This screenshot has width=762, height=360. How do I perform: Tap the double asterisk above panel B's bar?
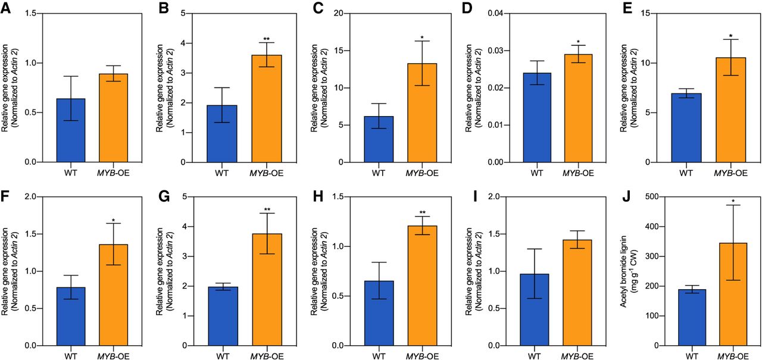(266, 39)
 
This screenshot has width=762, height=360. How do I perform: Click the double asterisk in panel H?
(422, 212)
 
